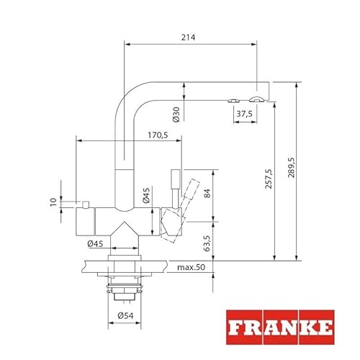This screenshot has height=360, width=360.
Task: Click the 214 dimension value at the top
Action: [x=188, y=37]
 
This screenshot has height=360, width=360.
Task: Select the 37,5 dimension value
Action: [x=245, y=114]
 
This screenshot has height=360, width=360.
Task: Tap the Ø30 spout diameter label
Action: [x=176, y=114]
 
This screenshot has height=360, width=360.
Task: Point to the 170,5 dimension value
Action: [x=158, y=135]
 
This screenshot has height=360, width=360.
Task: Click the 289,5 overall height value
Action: [x=292, y=168]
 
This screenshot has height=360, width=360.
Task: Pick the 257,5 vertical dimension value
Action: [x=269, y=179]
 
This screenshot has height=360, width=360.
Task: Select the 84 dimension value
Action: [x=207, y=193]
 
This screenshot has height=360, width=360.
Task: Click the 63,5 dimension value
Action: [x=207, y=243]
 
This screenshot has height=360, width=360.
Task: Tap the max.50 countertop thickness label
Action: [x=192, y=267]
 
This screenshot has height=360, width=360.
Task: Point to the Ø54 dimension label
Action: [x=125, y=315]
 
